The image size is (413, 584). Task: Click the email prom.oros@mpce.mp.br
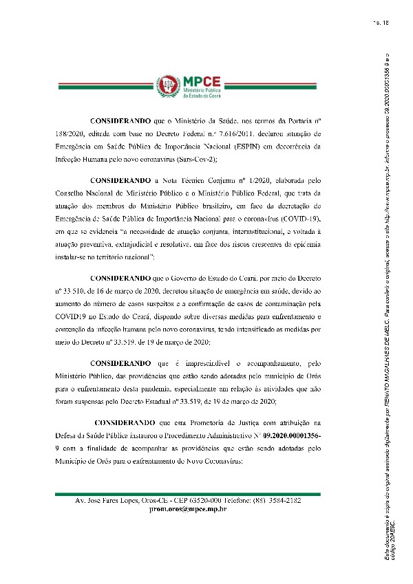pyautogui.click(x=188, y=510)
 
